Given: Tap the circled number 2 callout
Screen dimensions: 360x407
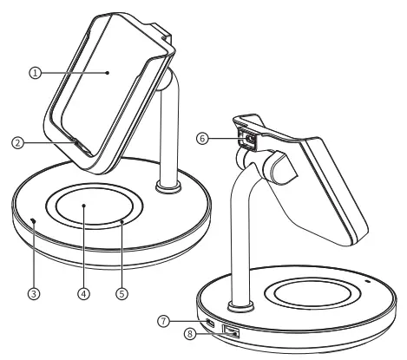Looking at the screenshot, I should pyautogui.click(x=17, y=143).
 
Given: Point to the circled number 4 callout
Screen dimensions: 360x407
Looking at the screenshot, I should pyautogui.click(x=83, y=294).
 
